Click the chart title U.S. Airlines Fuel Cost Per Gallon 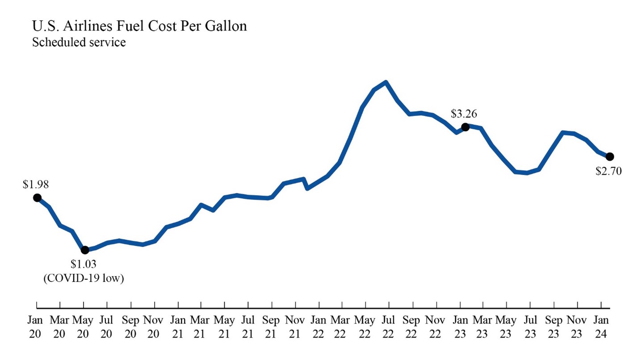point(139,26)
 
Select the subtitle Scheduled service point(79,43)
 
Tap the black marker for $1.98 point(37,197)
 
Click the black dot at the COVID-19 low point(85,250)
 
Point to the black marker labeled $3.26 point(465,127)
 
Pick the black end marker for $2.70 point(610,156)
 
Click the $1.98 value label point(36,184)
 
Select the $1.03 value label point(83,264)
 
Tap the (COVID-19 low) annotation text point(83,278)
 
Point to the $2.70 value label point(609,171)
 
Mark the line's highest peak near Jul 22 point(386,82)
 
